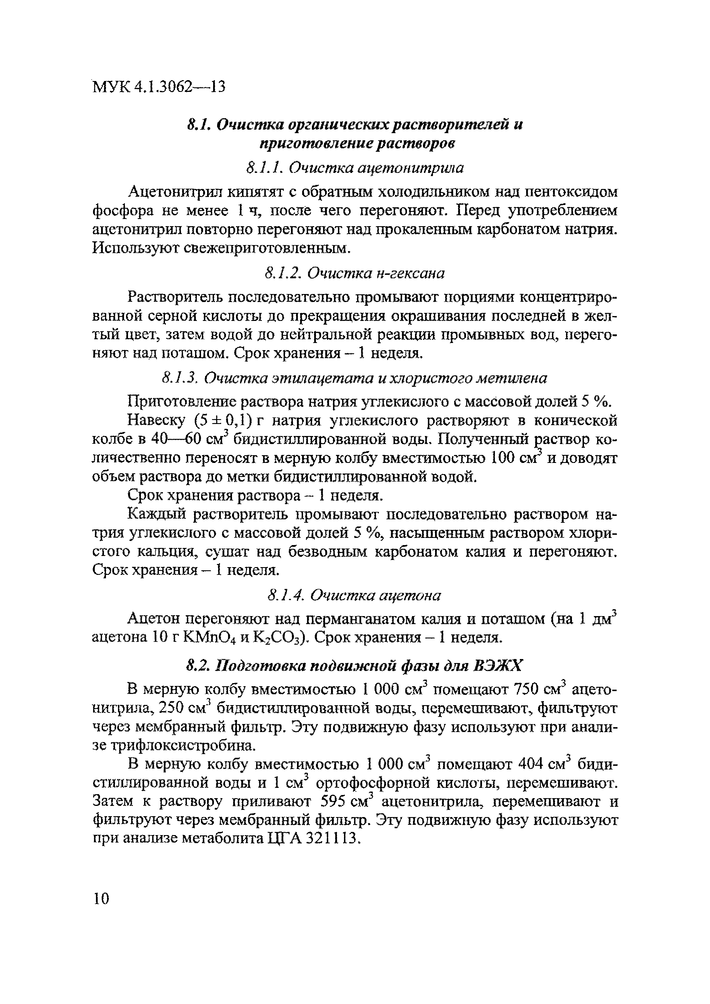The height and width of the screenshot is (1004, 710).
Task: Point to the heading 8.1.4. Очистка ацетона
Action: pyautogui.click(x=354, y=595)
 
